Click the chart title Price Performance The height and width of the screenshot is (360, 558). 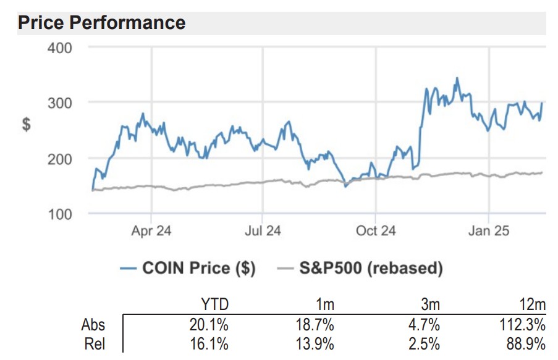102,23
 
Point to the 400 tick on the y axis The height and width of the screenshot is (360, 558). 60,48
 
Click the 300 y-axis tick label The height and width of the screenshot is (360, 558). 60,103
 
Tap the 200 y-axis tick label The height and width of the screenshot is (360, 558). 60,158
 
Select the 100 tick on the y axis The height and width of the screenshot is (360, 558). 60,214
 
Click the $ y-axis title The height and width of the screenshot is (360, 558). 27,124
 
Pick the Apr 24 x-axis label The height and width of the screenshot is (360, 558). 151,232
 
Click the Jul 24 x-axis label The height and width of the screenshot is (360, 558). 263,232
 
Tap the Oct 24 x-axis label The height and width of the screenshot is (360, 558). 376,232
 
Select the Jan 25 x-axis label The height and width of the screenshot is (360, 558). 489,232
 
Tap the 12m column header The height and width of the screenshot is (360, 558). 532,304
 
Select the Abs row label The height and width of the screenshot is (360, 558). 93,325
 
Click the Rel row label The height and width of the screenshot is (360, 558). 95,344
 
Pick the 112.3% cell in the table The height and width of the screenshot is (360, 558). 525,325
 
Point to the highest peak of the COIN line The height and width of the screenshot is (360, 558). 457,78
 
